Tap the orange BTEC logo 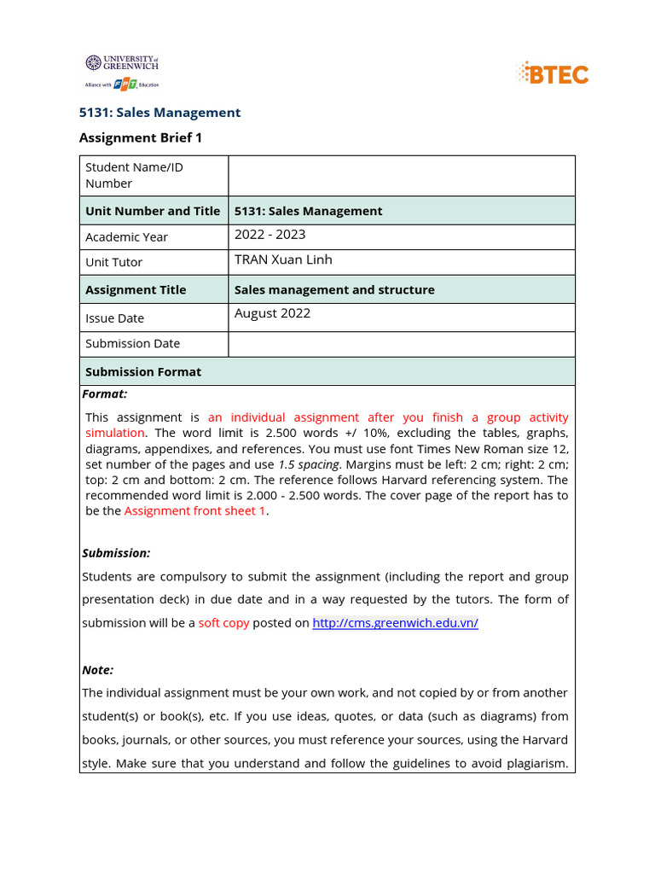553,73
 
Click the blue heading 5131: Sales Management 159,113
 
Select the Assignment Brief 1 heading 141,137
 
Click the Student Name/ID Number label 134,175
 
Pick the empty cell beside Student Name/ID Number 401,176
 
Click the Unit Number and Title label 153,211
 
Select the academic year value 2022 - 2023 270,235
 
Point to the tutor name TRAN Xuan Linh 283,259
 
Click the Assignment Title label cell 136,289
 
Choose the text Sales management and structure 334,289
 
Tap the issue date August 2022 272,313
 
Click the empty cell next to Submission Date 401,344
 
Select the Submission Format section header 143,371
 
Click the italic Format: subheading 104,393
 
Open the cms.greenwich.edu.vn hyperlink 395,623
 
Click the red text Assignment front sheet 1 195,510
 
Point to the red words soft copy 223,623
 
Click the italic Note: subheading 97,670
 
